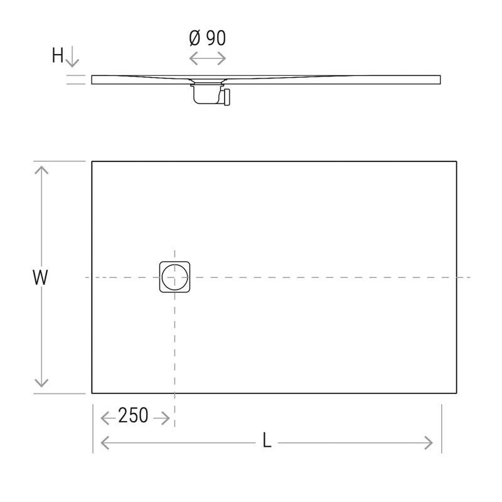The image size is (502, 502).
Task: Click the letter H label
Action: click(x=58, y=56)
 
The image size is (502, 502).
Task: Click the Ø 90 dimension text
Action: click(x=207, y=38)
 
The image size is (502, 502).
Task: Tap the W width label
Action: click(x=41, y=278)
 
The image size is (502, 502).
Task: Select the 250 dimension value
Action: click(x=133, y=416)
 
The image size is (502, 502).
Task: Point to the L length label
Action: click(x=267, y=442)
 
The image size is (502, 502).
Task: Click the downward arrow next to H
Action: click(x=72, y=58)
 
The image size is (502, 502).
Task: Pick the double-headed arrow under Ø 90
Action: click(x=207, y=58)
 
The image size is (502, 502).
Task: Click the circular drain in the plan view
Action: click(x=174, y=277)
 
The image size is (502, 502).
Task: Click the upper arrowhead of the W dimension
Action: click(x=41, y=169)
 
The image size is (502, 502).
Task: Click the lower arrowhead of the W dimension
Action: click(x=41, y=384)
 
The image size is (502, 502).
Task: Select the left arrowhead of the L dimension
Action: click(x=104, y=442)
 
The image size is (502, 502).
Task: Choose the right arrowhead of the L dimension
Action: click(x=430, y=442)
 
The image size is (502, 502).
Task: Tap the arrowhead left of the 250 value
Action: click(x=104, y=417)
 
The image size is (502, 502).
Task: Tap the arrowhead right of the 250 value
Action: click(x=166, y=417)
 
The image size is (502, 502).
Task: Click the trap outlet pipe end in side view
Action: click(x=227, y=97)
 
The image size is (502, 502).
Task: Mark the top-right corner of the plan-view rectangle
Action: click(x=456, y=162)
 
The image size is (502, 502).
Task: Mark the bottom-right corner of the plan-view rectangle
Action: click(x=456, y=393)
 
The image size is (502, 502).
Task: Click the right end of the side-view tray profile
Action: click(x=440, y=80)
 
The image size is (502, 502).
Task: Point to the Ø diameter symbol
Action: click(x=195, y=38)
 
